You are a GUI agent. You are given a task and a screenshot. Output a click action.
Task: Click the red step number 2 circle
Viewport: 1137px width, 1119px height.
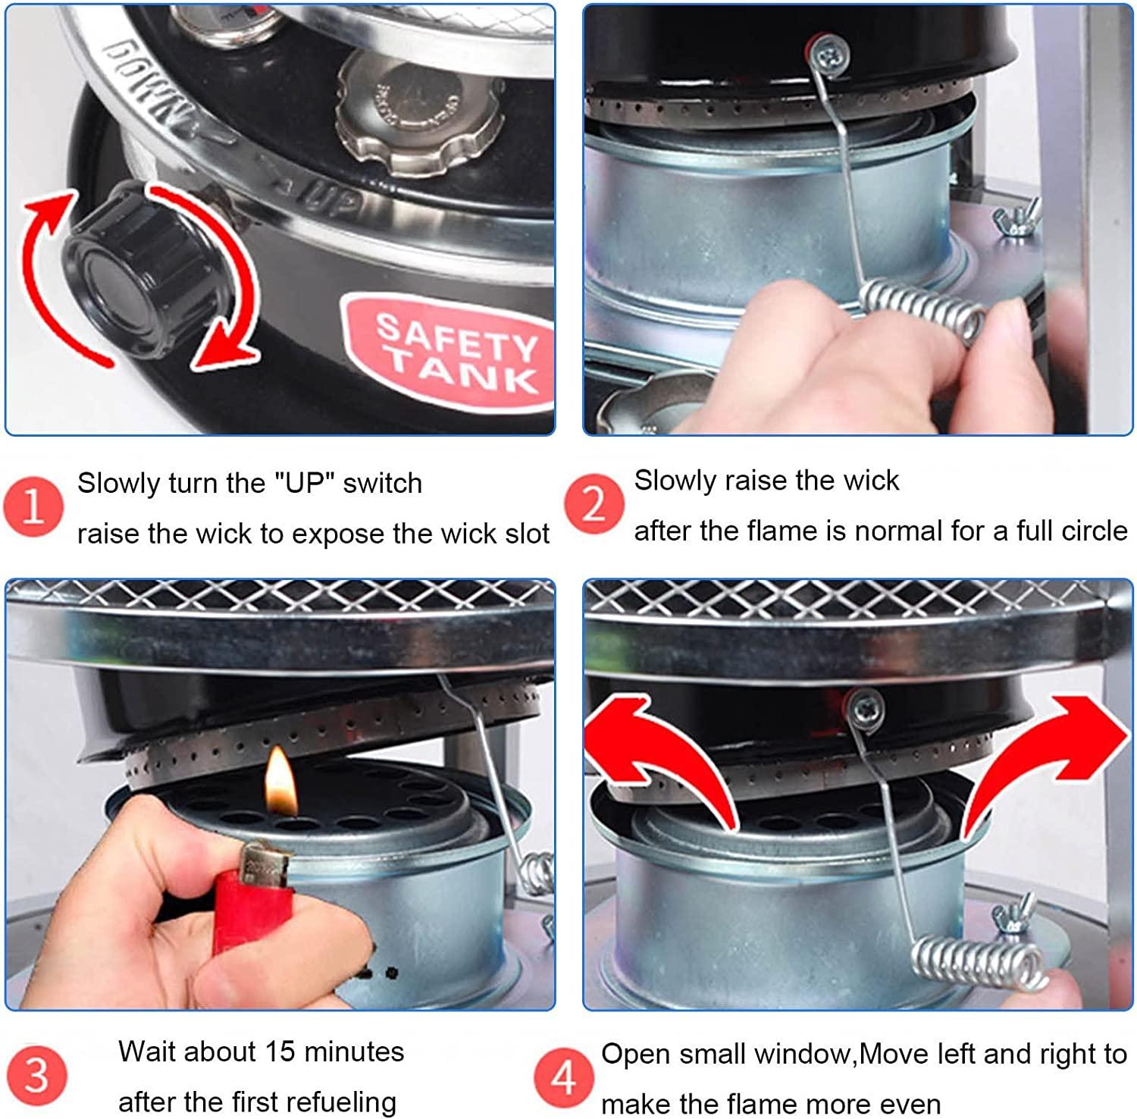coord(593,504)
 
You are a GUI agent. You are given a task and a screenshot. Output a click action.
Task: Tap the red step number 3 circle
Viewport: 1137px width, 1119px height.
coord(36,1076)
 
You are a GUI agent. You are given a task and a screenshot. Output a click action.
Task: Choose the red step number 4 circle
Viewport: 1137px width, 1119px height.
coord(563,1077)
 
